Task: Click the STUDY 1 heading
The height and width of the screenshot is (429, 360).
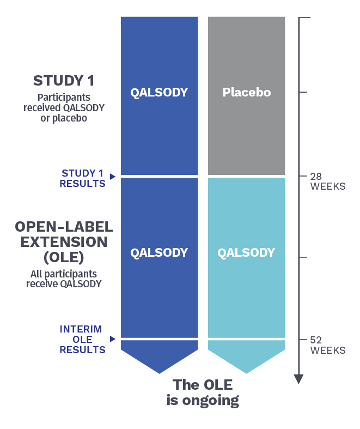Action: coord(64,81)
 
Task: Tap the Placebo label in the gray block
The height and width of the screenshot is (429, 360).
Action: coord(247,92)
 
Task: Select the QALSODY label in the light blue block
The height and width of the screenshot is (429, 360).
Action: coord(246,252)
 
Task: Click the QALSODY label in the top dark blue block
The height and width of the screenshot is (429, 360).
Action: coord(159,93)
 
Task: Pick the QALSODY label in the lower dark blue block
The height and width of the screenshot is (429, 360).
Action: coord(159,252)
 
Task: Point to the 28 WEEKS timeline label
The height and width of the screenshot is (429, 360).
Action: coord(328,182)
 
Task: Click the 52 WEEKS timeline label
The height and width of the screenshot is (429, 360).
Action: coord(328,345)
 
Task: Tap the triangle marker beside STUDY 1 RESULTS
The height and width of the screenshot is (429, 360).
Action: coord(112,177)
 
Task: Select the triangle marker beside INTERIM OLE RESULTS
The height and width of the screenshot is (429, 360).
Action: coord(112,339)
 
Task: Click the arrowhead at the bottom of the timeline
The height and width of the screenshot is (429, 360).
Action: coord(299,379)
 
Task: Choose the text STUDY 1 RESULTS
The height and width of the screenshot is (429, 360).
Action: coord(83,178)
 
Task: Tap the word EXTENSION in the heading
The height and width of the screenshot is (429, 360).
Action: coord(64,242)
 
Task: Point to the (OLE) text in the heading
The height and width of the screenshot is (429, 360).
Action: coord(64,257)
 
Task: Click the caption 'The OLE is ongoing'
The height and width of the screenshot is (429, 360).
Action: coord(203,392)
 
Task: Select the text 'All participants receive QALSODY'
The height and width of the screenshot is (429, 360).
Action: coord(64,279)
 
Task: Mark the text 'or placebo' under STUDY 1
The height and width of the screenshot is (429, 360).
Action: coord(64,118)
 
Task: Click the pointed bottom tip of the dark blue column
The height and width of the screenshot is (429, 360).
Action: coord(160,373)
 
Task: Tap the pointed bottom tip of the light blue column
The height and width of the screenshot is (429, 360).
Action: coord(246,373)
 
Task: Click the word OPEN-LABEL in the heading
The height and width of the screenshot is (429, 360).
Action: coord(64,227)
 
